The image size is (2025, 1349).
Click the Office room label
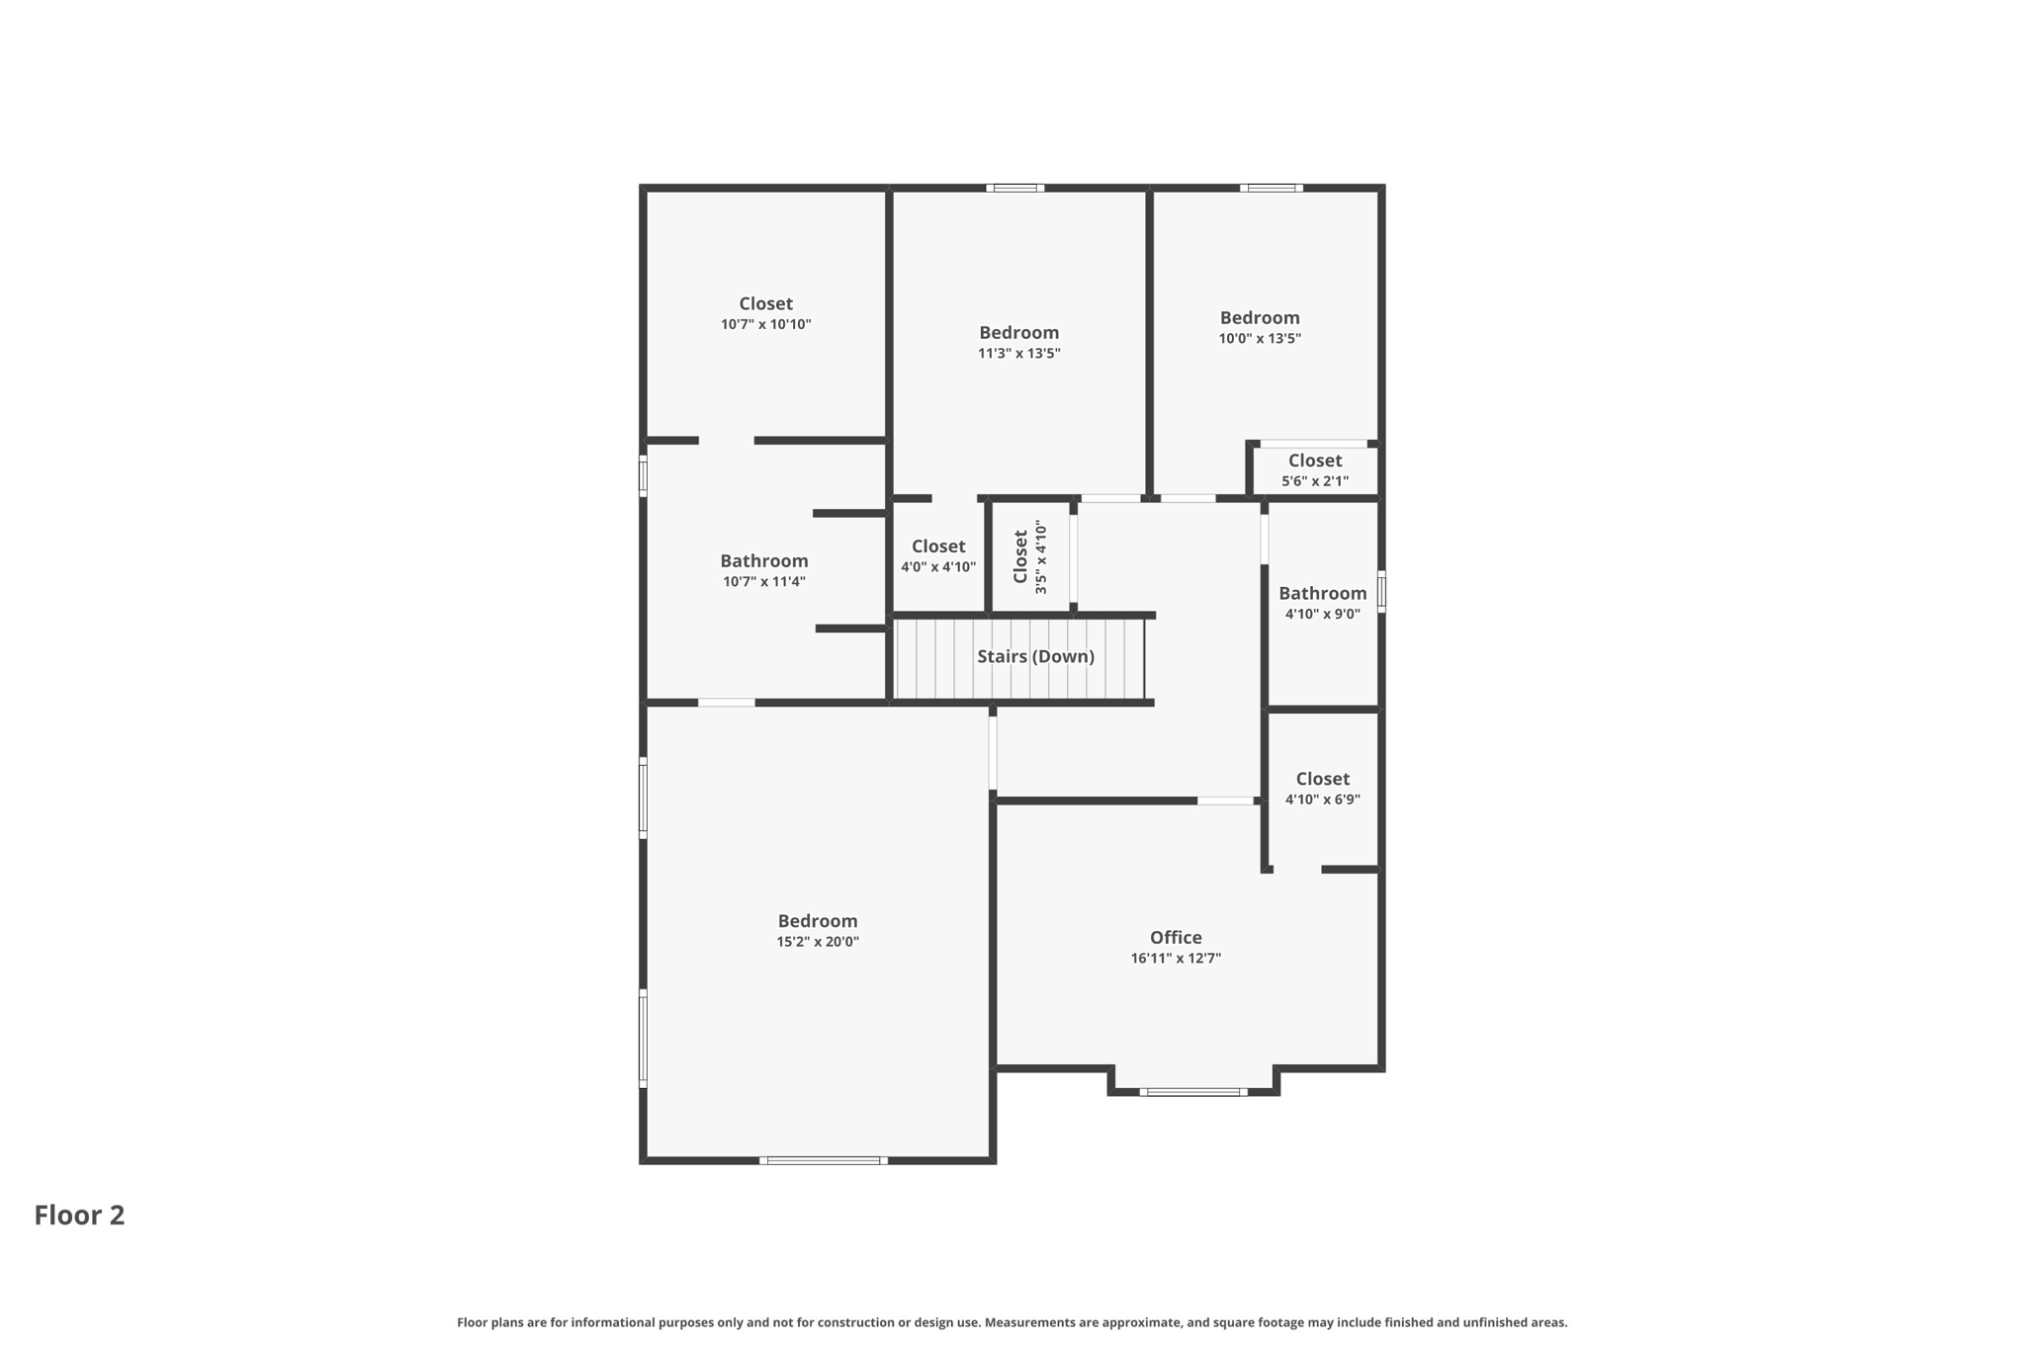tap(1176, 937)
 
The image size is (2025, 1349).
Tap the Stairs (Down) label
tap(1035, 656)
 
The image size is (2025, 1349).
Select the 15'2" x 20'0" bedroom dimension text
tap(817, 942)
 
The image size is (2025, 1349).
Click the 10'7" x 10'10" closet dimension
tap(765, 324)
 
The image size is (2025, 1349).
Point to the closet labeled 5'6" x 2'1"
tap(1315, 470)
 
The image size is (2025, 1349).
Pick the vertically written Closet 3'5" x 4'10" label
tap(1029, 556)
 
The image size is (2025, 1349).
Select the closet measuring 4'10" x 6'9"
tap(1322, 788)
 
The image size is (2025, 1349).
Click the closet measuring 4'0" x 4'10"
tap(937, 555)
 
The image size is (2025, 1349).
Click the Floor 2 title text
tap(79, 1215)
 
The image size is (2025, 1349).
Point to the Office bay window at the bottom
tap(1193, 1092)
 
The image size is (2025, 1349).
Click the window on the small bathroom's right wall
tap(1381, 591)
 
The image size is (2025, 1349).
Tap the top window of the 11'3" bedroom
tap(1014, 188)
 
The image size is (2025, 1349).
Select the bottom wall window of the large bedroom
tap(823, 1160)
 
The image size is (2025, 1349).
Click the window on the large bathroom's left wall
tap(643, 475)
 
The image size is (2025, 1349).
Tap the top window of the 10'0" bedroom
tap(1271, 188)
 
